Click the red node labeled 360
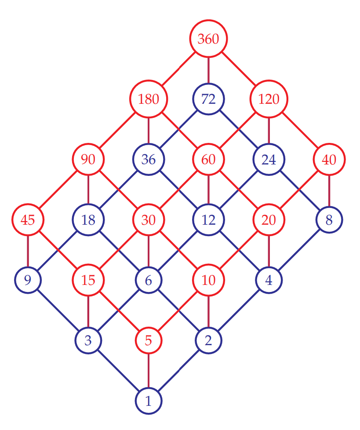(208, 39)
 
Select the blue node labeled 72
(208, 99)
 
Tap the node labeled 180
(149, 99)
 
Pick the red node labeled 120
(269, 99)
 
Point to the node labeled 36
(149, 159)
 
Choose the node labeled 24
(269, 159)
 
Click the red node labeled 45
(28, 219)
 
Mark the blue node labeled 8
(329, 219)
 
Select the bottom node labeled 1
(149, 401)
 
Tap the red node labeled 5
(149, 340)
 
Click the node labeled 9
(28, 280)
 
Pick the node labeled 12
(208, 219)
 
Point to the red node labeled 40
(329, 159)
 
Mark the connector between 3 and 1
(119, 371)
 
